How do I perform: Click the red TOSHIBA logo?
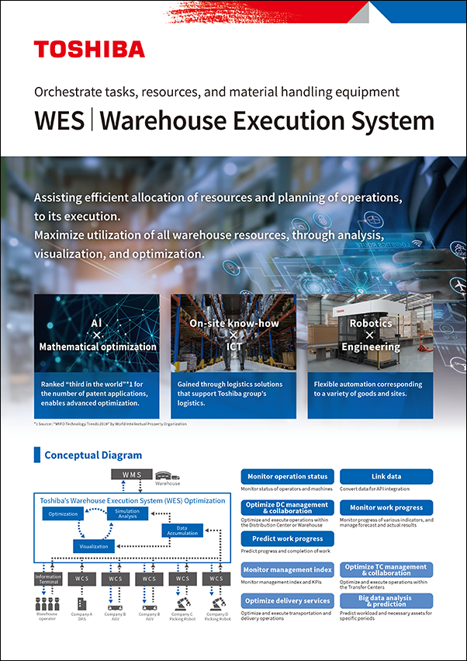[x=89, y=50]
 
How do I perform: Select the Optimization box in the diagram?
[x=63, y=514]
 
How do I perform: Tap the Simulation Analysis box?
[x=126, y=514]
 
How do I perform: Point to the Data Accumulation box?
[x=181, y=531]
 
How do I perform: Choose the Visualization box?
[x=95, y=546]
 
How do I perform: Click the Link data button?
[x=386, y=476]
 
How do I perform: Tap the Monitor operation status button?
[x=287, y=476]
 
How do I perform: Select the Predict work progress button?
[x=287, y=538]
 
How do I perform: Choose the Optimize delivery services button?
[x=287, y=600]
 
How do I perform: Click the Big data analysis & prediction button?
[x=386, y=600]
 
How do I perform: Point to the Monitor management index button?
[x=287, y=569]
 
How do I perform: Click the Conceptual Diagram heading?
[x=93, y=455]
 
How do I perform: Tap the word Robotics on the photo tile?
[x=371, y=323]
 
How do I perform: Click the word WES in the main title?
[x=60, y=121]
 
